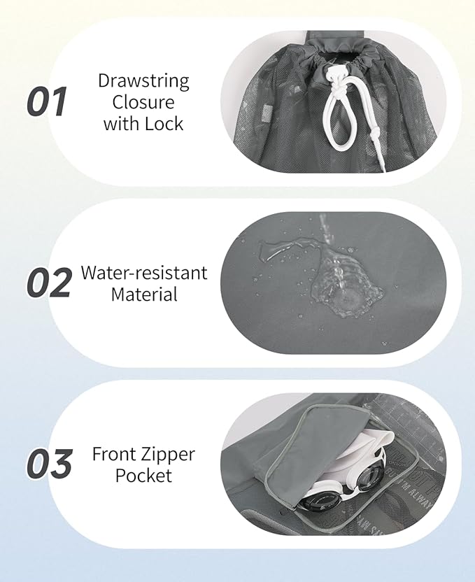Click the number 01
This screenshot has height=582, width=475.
[47, 101]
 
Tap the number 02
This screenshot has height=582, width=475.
[49, 282]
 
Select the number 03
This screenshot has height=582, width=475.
[50, 464]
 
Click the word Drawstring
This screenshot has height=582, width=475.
[143, 81]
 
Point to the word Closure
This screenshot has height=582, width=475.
[143, 102]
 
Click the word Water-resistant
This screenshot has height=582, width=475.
[144, 273]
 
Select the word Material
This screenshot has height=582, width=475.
[144, 294]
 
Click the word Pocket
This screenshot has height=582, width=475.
[143, 476]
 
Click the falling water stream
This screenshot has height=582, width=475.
[327, 238]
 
